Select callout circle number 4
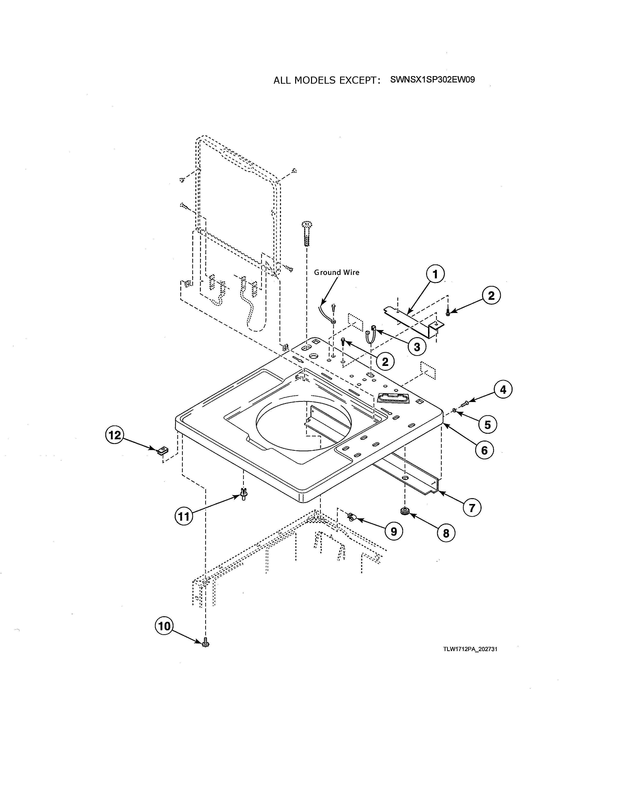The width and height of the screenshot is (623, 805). click(x=503, y=389)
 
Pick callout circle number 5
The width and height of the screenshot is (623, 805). click(x=488, y=425)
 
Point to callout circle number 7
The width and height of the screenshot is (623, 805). click(x=472, y=508)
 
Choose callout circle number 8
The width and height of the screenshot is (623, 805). click(x=446, y=533)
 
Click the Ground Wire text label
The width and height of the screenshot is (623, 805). click(x=336, y=272)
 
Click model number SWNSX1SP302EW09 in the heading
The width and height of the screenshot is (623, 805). click(x=432, y=80)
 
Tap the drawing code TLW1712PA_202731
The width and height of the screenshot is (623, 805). click(x=470, y=649)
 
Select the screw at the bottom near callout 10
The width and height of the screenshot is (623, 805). click(x=205, y=643)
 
